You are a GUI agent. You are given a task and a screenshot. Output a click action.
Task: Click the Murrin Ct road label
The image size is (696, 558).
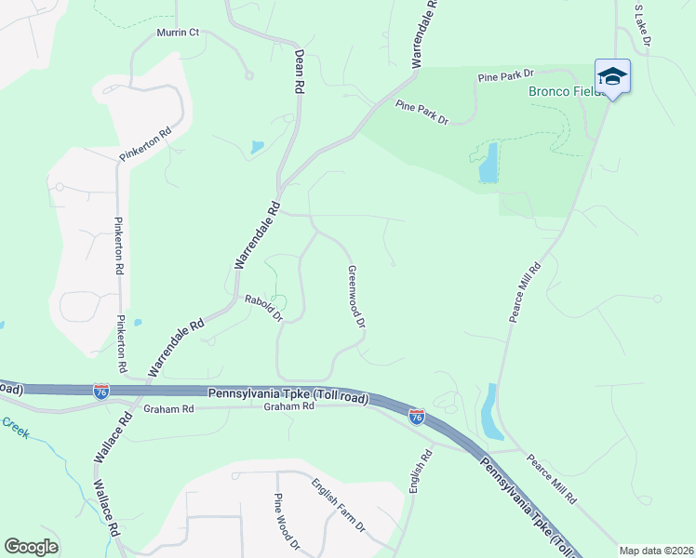click(x=178, y=33)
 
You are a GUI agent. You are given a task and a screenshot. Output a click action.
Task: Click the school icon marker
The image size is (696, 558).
click(x=612, y=75)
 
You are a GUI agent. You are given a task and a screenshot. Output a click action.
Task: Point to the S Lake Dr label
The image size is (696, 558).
click(x=641, y=25)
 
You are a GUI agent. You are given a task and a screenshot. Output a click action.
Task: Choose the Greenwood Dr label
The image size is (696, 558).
click(x=356, y=297)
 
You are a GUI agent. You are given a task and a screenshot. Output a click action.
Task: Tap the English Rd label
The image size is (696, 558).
click(x=421, y=471)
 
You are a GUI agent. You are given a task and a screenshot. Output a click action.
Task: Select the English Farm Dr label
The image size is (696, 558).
click(x=338, y=505)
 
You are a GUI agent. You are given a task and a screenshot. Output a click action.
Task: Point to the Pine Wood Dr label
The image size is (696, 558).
click(x=286, y=522)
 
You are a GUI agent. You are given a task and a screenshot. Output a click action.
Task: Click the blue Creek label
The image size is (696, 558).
click(x=16, y=427)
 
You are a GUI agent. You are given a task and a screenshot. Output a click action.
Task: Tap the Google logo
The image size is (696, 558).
click(x=31, y=547)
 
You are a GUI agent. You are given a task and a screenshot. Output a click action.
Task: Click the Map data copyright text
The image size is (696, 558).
click(x=656, y=550)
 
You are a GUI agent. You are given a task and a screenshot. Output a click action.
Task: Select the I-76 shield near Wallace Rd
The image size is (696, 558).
click(x=101, y=392)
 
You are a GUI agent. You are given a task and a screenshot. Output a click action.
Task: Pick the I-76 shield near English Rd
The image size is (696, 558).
click(x=417, y=418)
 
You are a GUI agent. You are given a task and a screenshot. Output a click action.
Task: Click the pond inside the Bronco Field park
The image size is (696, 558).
click(x=488, y=164)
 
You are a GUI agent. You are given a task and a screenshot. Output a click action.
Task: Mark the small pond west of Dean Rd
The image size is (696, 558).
click(x=256, y=147)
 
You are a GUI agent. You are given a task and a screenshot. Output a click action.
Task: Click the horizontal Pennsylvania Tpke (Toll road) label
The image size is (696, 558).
click(x=288, y=396)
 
